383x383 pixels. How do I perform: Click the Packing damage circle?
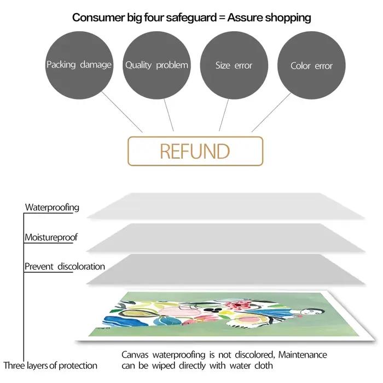(x=79, y=65)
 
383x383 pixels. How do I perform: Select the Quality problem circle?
(x=156, y=65)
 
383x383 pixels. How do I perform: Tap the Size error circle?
(x=234, y=65)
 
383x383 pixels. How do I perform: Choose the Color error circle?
(x=311, y=65)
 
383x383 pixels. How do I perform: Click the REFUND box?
(x=195, y=151)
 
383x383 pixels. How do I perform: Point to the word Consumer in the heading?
(x=98, y=18)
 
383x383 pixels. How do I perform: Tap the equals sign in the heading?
(x=222, y=18)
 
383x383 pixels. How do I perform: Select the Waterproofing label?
(x=52, y=207)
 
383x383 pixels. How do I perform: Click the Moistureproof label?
(x=51, y=237)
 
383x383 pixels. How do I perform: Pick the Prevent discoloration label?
(x=65, y=266)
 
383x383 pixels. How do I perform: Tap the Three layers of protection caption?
(x=50, y=365)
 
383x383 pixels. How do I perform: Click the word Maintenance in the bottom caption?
(x=303, y=355)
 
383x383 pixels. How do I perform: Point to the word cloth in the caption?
(x=264, y=365)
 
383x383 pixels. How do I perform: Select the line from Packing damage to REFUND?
(x=122, y=112)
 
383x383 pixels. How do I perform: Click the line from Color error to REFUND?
(x=271, y=112)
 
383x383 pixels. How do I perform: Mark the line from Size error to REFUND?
(x=224, y=115)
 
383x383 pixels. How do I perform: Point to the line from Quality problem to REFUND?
(x=169, y=115)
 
